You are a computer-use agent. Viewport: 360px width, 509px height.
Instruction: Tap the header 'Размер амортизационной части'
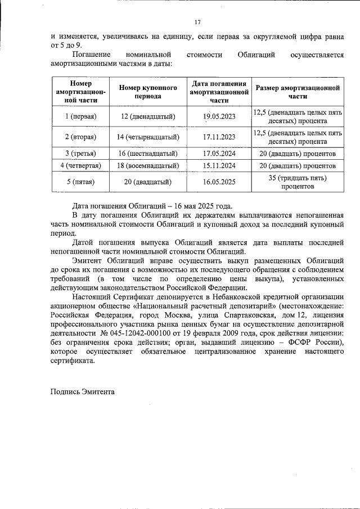tap(298, 92)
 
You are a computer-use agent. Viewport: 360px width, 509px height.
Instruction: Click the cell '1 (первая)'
tap(80, 116)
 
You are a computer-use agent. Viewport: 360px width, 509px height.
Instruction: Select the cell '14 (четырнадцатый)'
tap(148, 137)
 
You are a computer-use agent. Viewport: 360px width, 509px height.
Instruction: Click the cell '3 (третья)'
tap(80, 153)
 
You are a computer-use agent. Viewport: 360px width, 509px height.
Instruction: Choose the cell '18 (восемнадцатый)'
tap(148, 166)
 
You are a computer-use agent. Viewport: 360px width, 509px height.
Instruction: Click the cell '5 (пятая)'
tap(80, 182)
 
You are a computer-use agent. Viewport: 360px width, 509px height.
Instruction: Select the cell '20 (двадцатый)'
tap(148, 182)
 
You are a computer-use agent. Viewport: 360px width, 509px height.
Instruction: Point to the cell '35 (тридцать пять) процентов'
tap(298, 182)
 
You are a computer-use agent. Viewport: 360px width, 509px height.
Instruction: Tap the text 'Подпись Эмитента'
tap(82, 391)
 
